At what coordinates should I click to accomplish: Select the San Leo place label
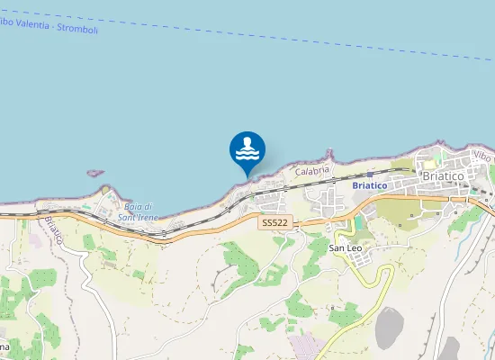pos(346,247)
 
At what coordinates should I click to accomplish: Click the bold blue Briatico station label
pos(369,185)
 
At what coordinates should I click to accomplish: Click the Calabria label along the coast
pos(313,169)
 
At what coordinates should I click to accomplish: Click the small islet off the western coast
pos(95,173)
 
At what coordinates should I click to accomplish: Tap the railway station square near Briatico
pos(370,175)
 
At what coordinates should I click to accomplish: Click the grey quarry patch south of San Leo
pos(390,327)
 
